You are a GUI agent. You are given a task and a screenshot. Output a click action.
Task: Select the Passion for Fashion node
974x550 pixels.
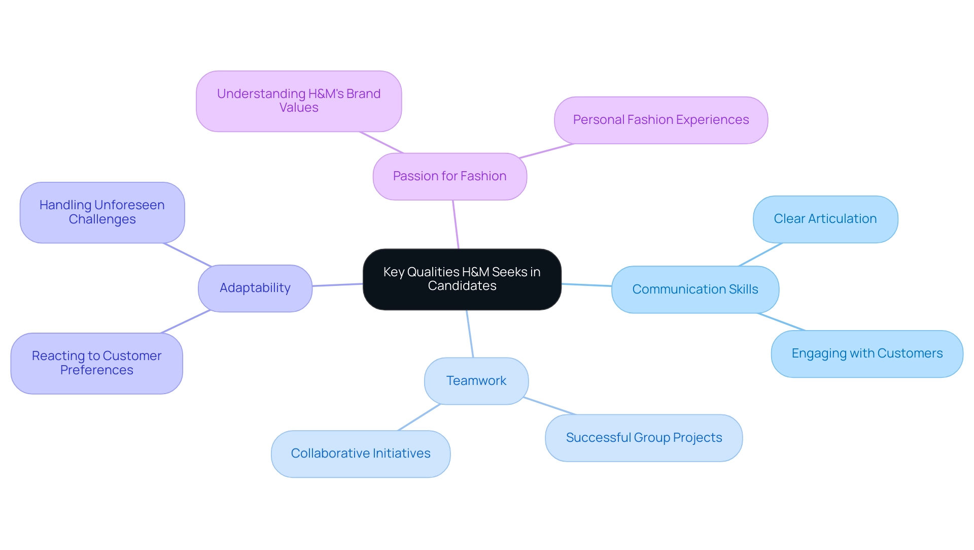[x=449, y=176]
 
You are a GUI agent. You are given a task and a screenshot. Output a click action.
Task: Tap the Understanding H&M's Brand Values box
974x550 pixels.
[x=299, y=101]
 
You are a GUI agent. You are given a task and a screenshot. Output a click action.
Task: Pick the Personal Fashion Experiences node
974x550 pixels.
[x=660, y=120]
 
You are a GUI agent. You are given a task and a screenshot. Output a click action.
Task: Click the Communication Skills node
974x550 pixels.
[x=695, y=289]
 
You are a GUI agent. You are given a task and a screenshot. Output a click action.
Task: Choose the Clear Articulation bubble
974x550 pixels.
[x=825, y=219]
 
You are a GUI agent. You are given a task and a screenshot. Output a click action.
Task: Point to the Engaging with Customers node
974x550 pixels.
[x=866, y=353]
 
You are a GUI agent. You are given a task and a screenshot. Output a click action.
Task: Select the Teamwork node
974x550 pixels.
[x=476, y=381]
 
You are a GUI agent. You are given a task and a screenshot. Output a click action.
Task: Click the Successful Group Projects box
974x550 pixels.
[x=643, y=438]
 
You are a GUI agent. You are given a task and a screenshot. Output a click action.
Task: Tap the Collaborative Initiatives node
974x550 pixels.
[x=360, y=454]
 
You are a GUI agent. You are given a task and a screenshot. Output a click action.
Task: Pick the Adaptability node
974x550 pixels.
[x=255, y=288]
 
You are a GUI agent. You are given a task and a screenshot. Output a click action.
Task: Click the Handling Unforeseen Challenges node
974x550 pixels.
[x=102, y=212]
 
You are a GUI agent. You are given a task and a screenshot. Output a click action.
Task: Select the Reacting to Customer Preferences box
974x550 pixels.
[x=96, y=363]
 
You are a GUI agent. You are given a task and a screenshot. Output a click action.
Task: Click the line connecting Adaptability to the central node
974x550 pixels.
[x=337, y=285]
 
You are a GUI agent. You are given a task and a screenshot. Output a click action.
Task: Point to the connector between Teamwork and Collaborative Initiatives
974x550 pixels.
[x=419, y=417]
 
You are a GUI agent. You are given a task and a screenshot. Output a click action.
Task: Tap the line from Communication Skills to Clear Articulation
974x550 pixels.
[x=760, y=254]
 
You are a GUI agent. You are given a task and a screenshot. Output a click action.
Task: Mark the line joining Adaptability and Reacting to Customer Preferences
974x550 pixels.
[x=186, y=321]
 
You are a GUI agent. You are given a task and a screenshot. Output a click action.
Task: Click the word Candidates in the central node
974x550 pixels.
[x=462, y=286]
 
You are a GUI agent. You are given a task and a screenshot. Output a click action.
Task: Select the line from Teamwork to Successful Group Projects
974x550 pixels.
[x=550, y=406]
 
